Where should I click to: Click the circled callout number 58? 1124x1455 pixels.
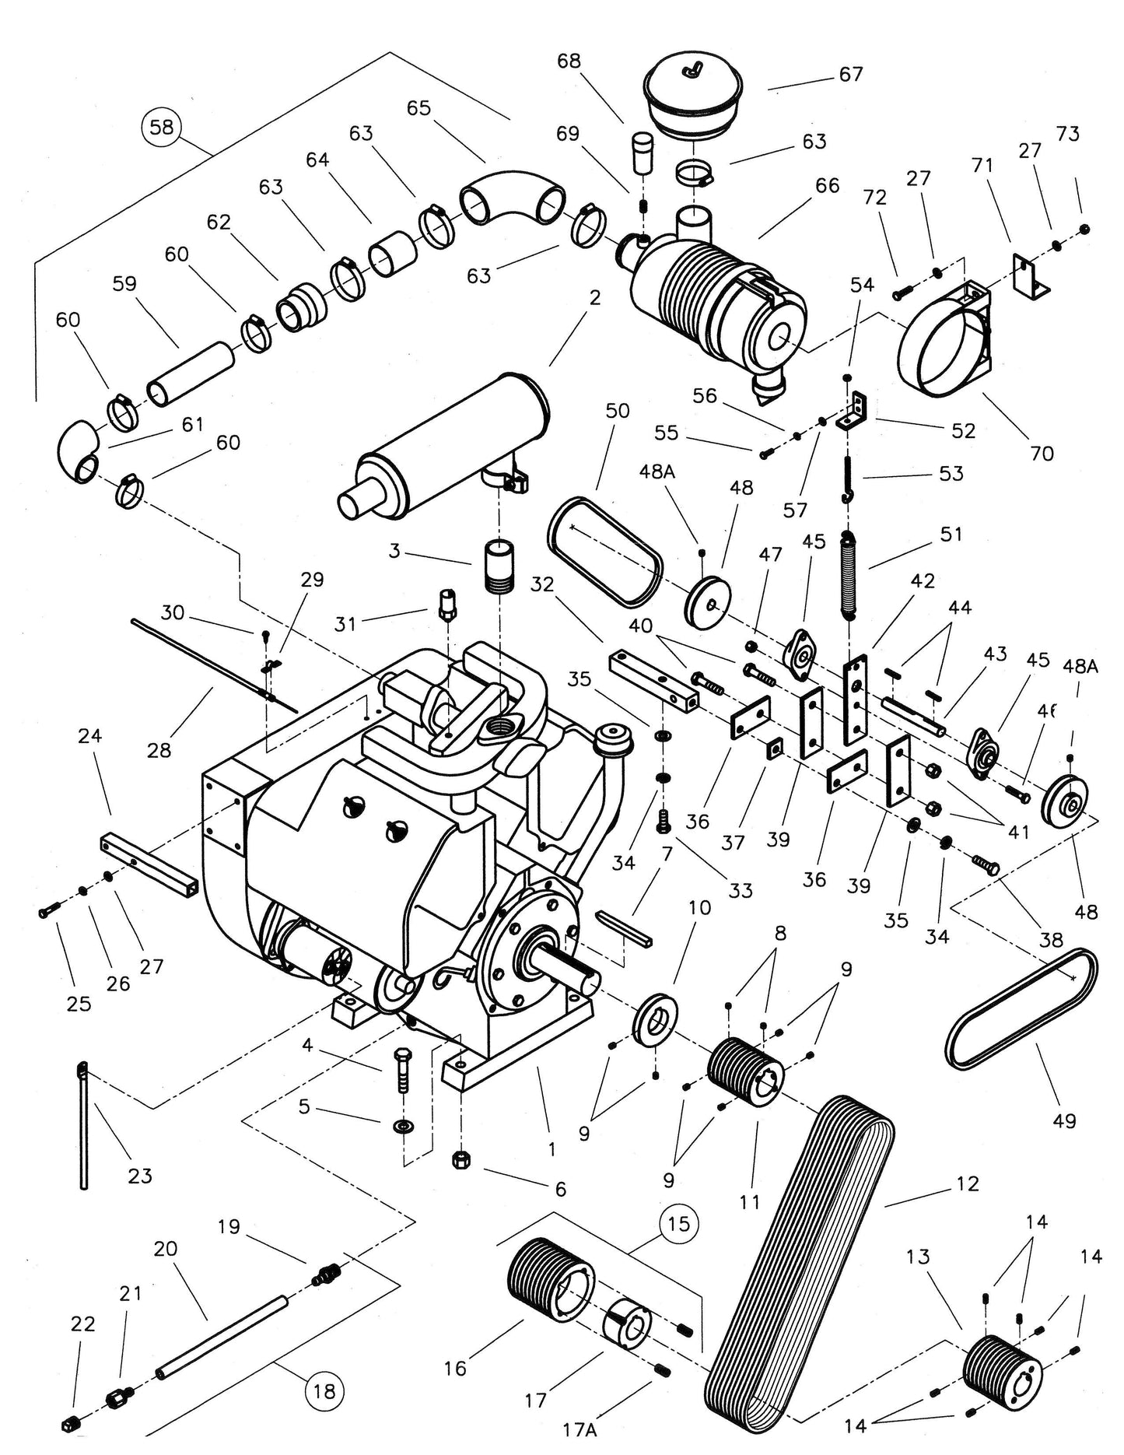pyautogui.click(x=161, y=126)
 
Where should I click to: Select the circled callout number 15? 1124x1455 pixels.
pyautogui.click(x=678, y=1224)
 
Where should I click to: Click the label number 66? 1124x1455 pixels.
pyautogui.click(x=827, y=185)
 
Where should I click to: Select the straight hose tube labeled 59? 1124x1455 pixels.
pyautogui.click(x=191, y=375)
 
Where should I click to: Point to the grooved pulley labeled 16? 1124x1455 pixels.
pyautogui.click(x=544, y=1285)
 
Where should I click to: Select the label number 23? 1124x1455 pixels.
pyautogui.click(x=139, y=1175)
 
